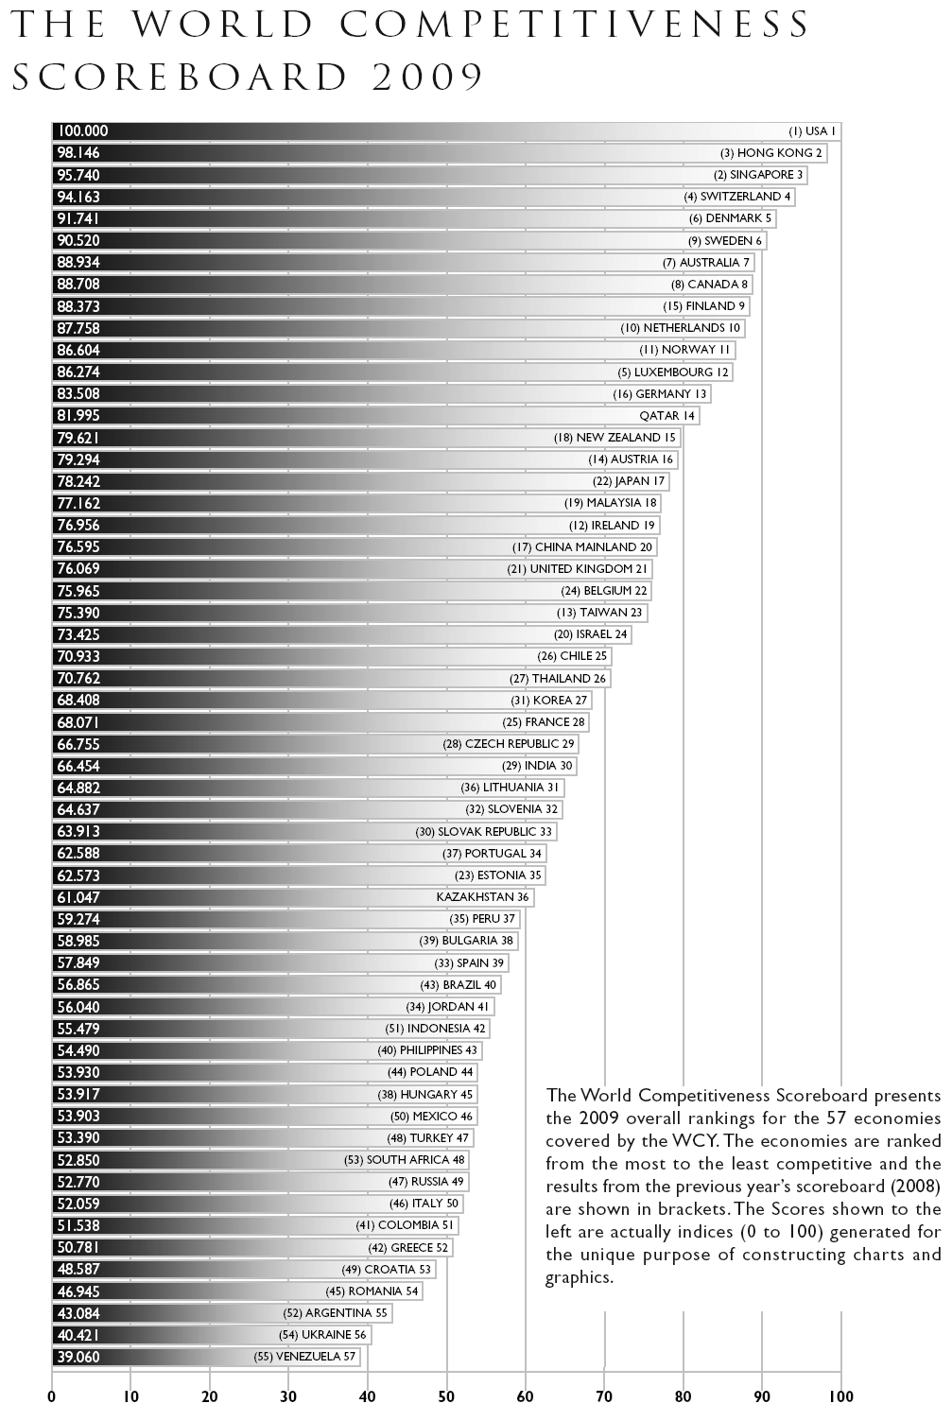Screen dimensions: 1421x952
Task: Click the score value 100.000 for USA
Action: [83, 131]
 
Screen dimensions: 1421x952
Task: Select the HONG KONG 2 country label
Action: [771, 153]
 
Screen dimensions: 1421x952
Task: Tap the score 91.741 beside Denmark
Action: [78, 218]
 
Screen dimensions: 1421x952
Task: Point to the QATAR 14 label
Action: [667, 416]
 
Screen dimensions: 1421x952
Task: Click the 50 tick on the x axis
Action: [446, 1395]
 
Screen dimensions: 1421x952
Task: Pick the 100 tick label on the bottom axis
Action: [840, 1395]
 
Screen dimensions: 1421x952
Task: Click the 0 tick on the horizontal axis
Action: [52, 1395]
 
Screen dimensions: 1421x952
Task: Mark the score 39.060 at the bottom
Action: [78, 1357]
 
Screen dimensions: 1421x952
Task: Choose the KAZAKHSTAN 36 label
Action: [482, 897]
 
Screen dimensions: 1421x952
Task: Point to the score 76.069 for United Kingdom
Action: [78, 569]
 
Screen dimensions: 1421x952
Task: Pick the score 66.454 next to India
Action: [78, 766]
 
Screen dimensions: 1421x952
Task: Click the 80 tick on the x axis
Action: [683, 1395]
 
